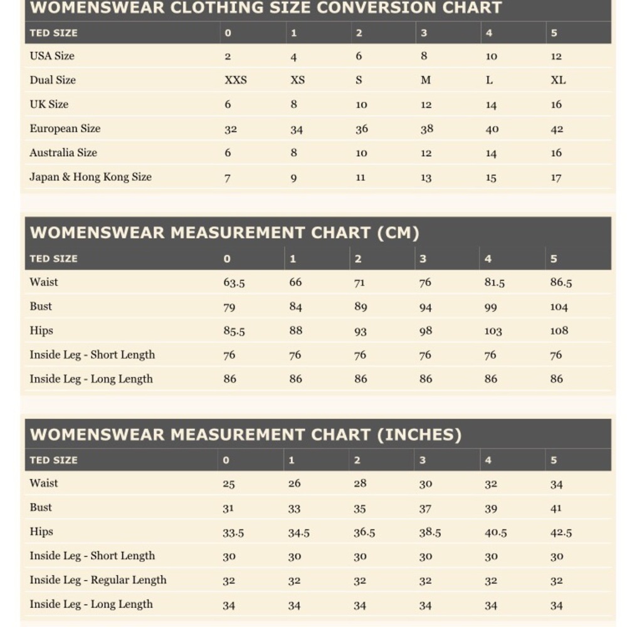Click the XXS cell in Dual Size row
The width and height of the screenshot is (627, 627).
[236, 80]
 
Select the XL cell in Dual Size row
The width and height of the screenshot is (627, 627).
[558, 80]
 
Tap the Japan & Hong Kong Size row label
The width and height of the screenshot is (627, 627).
[90, 177]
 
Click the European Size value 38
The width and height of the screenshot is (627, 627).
[426, 129]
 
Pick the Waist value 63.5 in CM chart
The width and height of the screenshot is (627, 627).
[234, 283]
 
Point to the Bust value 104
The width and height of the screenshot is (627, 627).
[559, 307]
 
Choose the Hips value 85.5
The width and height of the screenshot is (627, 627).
[234, 331]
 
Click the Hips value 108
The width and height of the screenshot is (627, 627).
[559, 330]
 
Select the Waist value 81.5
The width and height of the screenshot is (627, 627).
[494, 283]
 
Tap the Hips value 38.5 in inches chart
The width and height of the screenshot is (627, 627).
[429, 532]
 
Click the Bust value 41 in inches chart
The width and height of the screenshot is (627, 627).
[556, 508]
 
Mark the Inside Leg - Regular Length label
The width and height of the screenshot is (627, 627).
[98, 580]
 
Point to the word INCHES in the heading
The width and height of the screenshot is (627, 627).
[419, 435]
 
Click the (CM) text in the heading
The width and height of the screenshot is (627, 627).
[398, 233]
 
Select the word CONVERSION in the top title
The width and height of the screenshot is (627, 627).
[370, 8]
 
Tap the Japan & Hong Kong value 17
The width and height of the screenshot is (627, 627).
[556, 177]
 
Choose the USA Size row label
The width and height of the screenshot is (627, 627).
[52, 56]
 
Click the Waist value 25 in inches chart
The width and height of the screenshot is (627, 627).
[228, 484]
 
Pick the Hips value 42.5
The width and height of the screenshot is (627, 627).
[561, 532]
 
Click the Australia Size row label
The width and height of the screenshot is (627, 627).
[63, 152]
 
